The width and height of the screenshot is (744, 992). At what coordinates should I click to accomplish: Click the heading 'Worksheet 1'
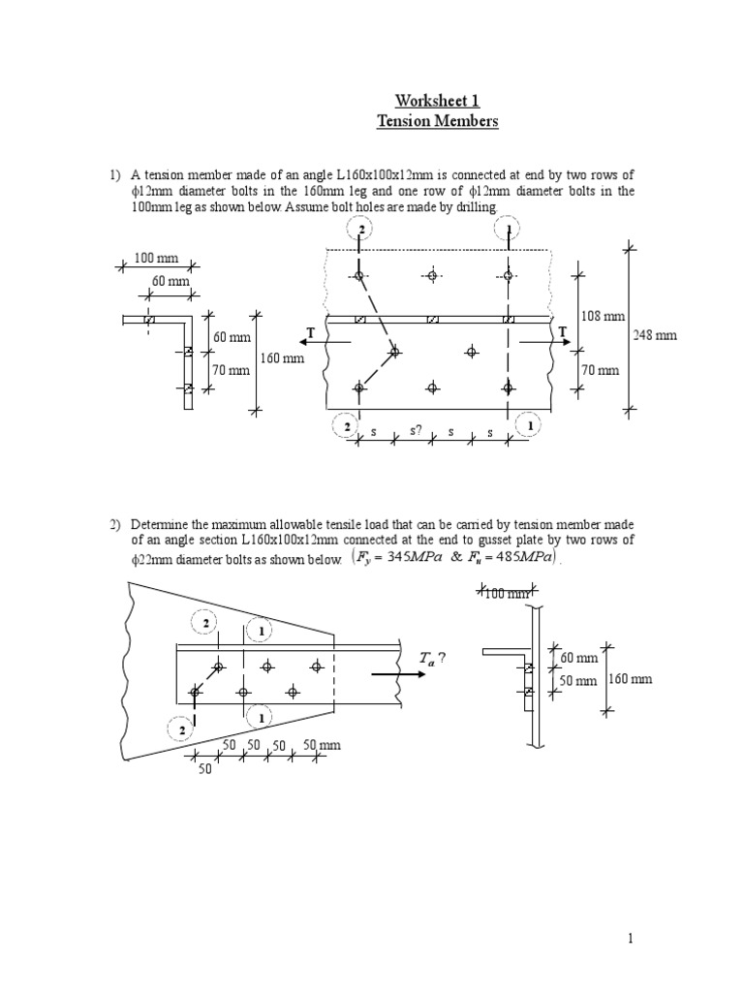[436, 101]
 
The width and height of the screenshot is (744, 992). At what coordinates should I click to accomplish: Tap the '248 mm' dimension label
[655, 335]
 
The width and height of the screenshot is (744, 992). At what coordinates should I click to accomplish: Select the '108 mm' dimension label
[603, 316]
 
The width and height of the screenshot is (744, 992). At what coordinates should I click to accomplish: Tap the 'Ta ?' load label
[432, 659]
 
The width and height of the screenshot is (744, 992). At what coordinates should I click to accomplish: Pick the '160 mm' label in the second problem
[630, 679]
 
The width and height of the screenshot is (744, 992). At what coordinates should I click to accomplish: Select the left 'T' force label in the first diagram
[311, 333]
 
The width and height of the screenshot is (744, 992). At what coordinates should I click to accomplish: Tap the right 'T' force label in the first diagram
[562, 332]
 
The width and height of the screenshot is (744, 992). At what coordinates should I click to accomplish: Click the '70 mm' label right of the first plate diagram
[601, 370]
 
